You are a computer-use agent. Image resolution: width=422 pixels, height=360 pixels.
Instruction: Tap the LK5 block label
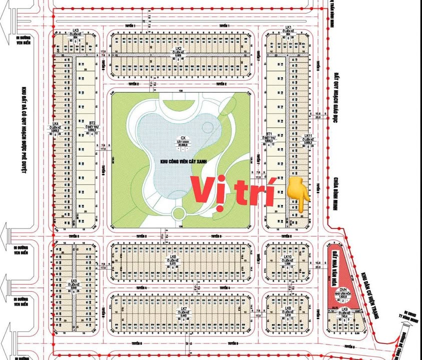click(x=74, y=281)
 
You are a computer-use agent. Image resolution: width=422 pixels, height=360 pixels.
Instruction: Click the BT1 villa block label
click(x=269, y=134)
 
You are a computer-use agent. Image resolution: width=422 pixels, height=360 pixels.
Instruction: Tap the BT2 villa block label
click(x=92, y=122)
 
